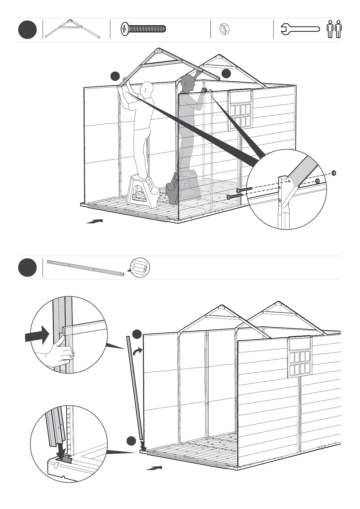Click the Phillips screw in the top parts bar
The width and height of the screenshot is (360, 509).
pyautogui.click(x=143, y=29)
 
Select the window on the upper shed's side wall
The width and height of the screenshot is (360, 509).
pyautogui.click(x=240, y=109)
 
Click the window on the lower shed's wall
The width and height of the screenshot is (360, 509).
pyautogui.click(x=299, y=357)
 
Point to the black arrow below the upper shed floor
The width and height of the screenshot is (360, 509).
pyautogui.click(x=95, y=221)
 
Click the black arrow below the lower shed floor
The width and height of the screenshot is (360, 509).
pyautogui.click(x=154, y=468)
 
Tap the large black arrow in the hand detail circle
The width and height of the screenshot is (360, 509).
pyautogui.click(x=37, y=335)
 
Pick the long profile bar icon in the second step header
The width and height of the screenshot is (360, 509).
pyautogui.click(x=86, y=267)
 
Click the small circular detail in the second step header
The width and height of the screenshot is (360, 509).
pyautogui.click(x=140, y=267)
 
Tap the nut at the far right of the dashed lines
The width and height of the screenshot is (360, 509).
pyautogui.click(x=334, y=173)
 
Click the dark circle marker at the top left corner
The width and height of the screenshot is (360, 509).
pyautogui.click(x=27, y=30)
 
